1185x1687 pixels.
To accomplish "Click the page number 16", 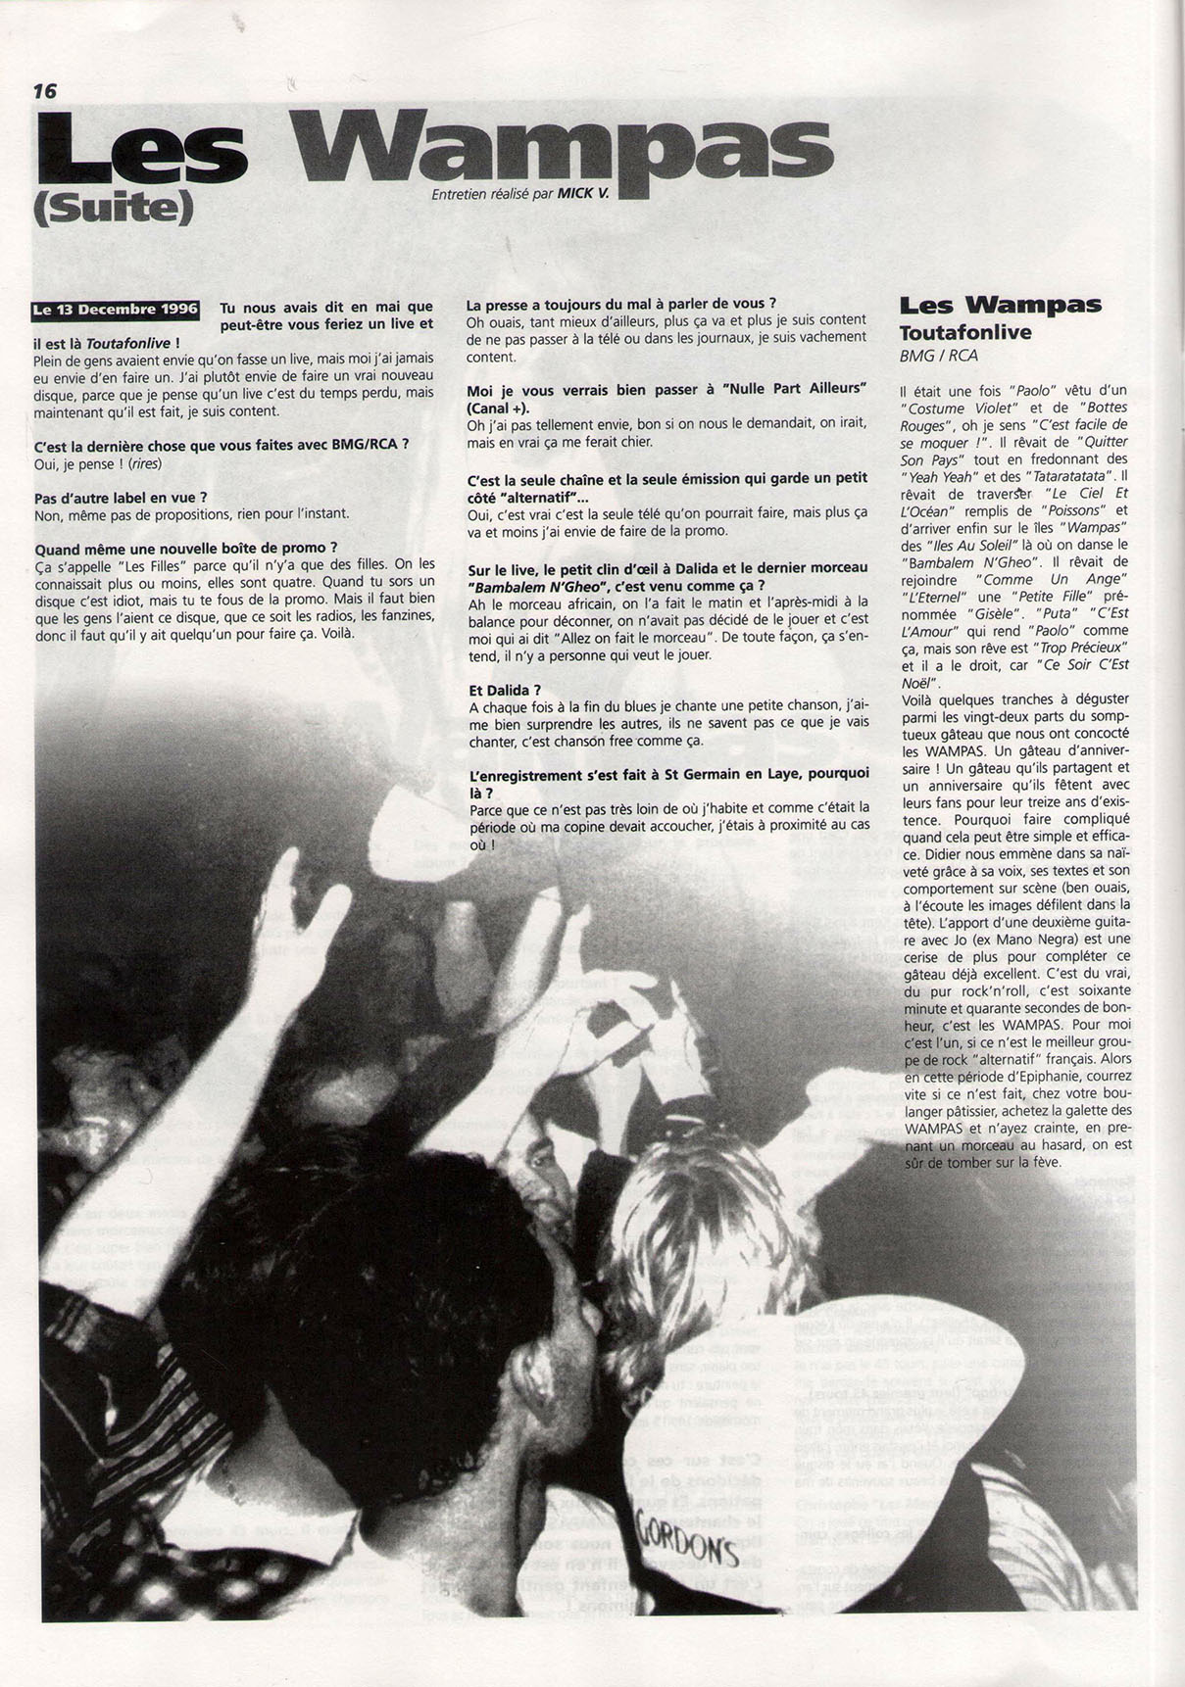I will tap(45, 91).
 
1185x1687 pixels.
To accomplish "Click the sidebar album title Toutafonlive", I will tap(964, 332).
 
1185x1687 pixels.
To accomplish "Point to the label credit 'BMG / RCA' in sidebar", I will tap(938, 358).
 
